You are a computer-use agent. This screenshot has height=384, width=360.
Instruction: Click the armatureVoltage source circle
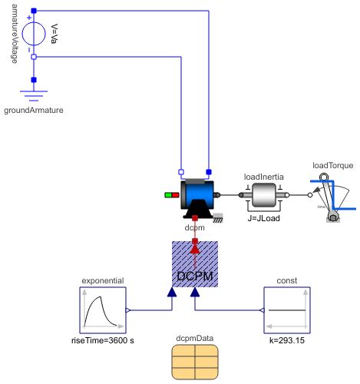[x=32, y=34]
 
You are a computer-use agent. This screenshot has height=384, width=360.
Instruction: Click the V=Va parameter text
[x=54, y=34]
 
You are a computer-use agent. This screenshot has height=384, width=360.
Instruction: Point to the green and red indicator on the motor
[x=171, y=195]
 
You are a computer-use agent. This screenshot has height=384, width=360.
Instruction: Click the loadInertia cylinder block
[x=263, y=195]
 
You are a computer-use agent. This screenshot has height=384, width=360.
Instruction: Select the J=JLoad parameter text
[x=263, y=218]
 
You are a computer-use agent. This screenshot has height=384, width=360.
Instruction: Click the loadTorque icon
[x=332, y=196]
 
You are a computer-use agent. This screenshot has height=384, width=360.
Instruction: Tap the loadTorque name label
[x=332, y=165]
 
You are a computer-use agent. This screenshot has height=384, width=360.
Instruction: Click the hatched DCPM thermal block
[x=194, y=264]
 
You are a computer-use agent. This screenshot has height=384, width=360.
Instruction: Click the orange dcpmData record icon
[x=194, y=362]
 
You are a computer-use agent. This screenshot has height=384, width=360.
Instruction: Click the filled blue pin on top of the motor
[x=208, y=171]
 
